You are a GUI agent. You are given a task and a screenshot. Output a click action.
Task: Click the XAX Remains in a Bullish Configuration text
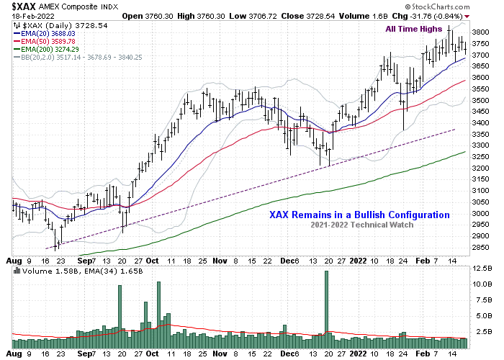359,215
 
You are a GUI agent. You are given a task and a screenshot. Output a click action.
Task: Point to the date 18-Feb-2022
27,15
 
